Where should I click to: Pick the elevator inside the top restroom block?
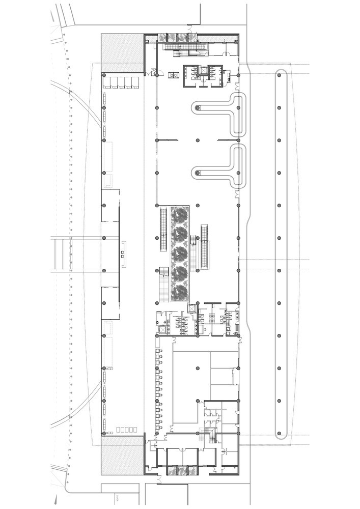coord(203,72)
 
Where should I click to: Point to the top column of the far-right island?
coord(279,75)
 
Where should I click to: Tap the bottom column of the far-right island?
coord(279,434)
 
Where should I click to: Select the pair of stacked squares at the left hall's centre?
coord(123,254)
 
